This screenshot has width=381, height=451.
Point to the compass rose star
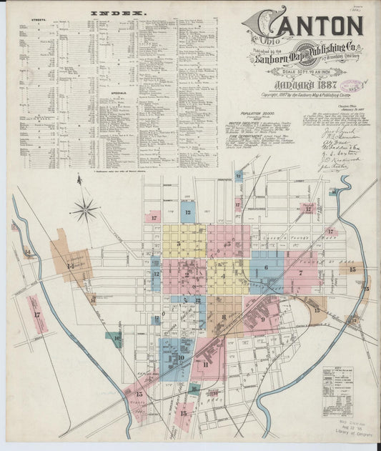pyautogui.click(x=85, y=209)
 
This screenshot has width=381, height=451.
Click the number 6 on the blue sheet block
pyautogui.click(x=266, y=268)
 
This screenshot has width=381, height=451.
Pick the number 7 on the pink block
pyautogui.click(x=301, y=272)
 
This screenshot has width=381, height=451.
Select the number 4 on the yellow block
pyautogui.click(x=224, y=274)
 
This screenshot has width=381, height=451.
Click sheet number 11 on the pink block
pyautogui.click(x=206, y=365)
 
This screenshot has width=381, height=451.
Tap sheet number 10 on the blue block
pyautogui.click(x=181, y=357)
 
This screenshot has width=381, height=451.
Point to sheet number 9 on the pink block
pyautogui.click(x=263, y=319)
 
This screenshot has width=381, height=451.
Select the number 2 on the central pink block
pyautogui.click(x=186, y=274)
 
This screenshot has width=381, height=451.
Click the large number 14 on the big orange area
pyautogui.click(x=70, y=266)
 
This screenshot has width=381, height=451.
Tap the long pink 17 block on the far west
pyautogui.click(x=35, y=314)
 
